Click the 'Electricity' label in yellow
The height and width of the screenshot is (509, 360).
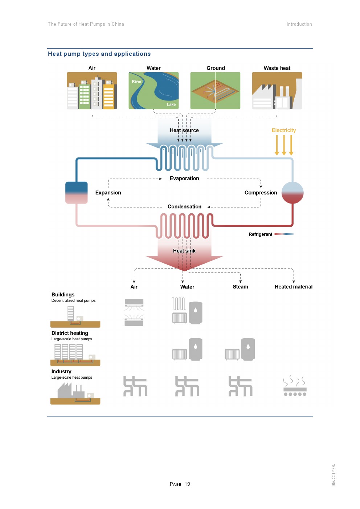[284, 130]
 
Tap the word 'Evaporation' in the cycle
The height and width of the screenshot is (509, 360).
[184, 178]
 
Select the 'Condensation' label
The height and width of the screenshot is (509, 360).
[184, 207]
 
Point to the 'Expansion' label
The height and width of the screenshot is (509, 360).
[108, 193]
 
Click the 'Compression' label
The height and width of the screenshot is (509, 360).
[261, 193]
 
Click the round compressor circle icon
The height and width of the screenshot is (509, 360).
[292, 193]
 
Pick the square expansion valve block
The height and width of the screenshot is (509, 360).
[77, 193]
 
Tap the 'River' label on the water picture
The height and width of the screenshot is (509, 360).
[137, 82]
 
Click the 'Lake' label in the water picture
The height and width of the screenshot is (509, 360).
[171, 104]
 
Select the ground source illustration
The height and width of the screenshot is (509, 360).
[215, 91]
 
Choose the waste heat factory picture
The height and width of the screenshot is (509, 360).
[277, 91]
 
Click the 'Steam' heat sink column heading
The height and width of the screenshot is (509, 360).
[241, 287]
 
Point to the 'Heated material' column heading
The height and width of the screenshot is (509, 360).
[294, 287]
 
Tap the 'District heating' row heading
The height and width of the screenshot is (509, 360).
[70, 333]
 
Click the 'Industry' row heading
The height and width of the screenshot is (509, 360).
[61, 372]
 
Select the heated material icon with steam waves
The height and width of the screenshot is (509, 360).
[295, 386]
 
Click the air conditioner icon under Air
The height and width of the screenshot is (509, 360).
[134, 312]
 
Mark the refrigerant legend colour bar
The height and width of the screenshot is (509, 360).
[284, 234]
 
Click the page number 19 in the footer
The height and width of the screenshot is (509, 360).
[188, 484]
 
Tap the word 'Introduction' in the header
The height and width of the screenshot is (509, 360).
[299, 24]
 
